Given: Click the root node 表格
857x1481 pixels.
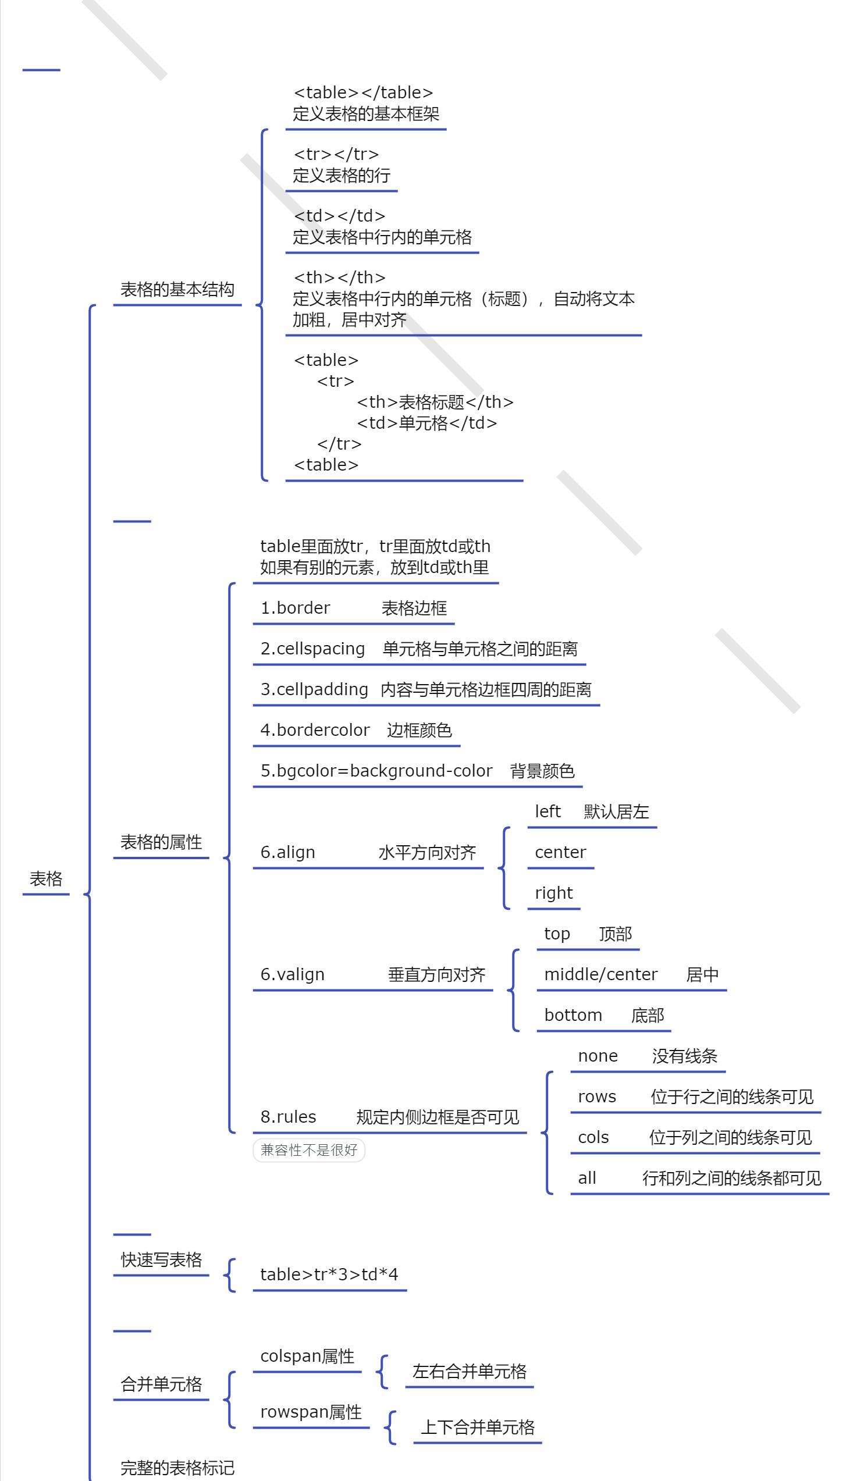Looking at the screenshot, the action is pyautogui.click(x=46, y=878).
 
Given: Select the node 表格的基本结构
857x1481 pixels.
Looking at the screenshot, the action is pyautogui.click(x=177, y=289).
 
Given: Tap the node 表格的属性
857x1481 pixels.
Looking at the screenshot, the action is pyautogui.click(x=161, y=842).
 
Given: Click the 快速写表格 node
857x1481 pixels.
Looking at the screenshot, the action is pyautogui.click(x=161, y=1259).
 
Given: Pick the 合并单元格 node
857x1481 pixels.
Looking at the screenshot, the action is pyautogui.click(x=161, y=1384).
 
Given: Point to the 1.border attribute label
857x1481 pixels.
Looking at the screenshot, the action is pyautogui.click(x=295, y=608).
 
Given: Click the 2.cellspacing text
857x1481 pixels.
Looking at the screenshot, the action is pyautogui.click(x=312, y=648).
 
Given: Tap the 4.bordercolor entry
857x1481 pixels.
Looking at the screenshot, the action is pyautogui.click(x=315, y=730).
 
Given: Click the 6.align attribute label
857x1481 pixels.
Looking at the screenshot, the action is pyautogui.click(x=287, y=852).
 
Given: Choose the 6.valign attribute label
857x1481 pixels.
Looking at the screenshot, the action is pyautogui.click(x=292, y=974).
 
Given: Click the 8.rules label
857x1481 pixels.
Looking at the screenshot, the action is pyautogui.click(x=288, y=1117).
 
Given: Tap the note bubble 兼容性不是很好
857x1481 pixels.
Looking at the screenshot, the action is pyautogui.click(x=309, y=1150).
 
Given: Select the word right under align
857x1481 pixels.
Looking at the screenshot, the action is pyautogui.click(x=554, y=893).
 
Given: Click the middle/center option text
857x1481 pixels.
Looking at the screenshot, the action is pyautogui.click(x=601, y=974).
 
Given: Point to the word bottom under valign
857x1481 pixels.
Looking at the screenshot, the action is pyautogui.click(x=573, y=1015).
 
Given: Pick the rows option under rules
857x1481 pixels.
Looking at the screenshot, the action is pyautogui.click(x=597, y=1096).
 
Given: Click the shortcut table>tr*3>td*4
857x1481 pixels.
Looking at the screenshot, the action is pyautogui.click(x=329, y=1274).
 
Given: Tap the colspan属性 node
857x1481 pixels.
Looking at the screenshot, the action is pyautogui.click(x=307, y=1356).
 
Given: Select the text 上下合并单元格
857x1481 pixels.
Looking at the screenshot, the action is pyautogui.click(x=477, y=1427).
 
